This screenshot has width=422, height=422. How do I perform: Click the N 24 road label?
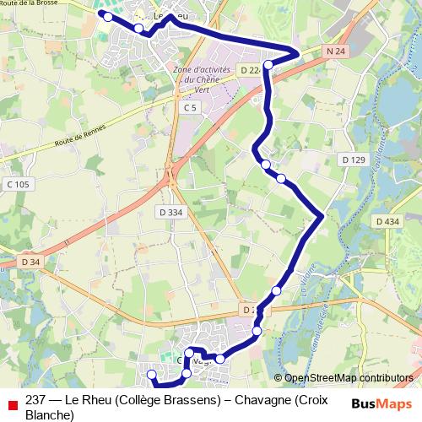coord(335,51)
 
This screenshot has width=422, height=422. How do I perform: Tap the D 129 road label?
coord(354,160)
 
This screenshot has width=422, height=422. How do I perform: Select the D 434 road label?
coord(387,221)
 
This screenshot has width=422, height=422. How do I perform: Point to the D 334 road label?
coord(170,212)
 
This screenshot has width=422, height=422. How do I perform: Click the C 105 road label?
coord(17,185)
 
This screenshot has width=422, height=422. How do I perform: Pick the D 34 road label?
coord(30,262)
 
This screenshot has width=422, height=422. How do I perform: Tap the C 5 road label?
coord(190,108)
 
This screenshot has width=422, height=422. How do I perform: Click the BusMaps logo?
coord(382,403)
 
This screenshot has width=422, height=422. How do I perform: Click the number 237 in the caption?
coord(35,400)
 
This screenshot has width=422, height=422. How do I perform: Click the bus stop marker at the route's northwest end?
coord(107,16)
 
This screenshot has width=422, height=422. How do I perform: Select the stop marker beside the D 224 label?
coord(268,64)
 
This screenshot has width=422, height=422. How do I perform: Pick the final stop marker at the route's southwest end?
coord(152,375)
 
